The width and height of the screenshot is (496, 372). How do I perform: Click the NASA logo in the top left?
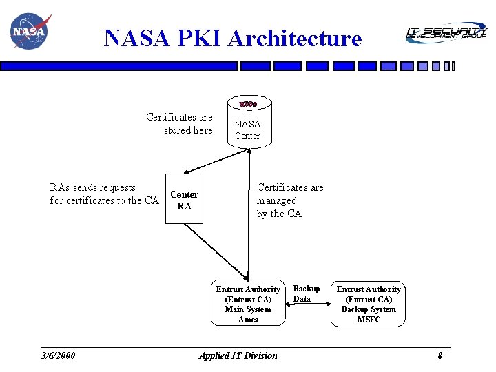pos(29,32)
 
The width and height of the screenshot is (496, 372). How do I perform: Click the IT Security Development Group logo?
pos(446,32)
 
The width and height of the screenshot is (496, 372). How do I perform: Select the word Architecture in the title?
pos(295,38)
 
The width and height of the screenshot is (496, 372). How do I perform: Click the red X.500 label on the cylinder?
pos(248,105)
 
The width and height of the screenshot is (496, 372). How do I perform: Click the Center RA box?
pos(184,200)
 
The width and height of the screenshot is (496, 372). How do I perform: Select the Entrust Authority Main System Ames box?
pos(248,304)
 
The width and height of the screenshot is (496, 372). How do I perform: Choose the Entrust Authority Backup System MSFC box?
pos(368,304)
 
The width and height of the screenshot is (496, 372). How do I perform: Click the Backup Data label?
pos(306,293)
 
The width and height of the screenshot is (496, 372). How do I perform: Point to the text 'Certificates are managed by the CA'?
pos(289,200)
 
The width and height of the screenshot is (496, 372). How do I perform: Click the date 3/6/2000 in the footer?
pos(59,355)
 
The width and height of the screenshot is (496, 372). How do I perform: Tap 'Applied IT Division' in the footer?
pos(238,355)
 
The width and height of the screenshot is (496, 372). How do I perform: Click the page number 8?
pos(439,355)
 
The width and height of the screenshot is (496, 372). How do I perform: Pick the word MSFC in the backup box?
pos(369,320)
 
